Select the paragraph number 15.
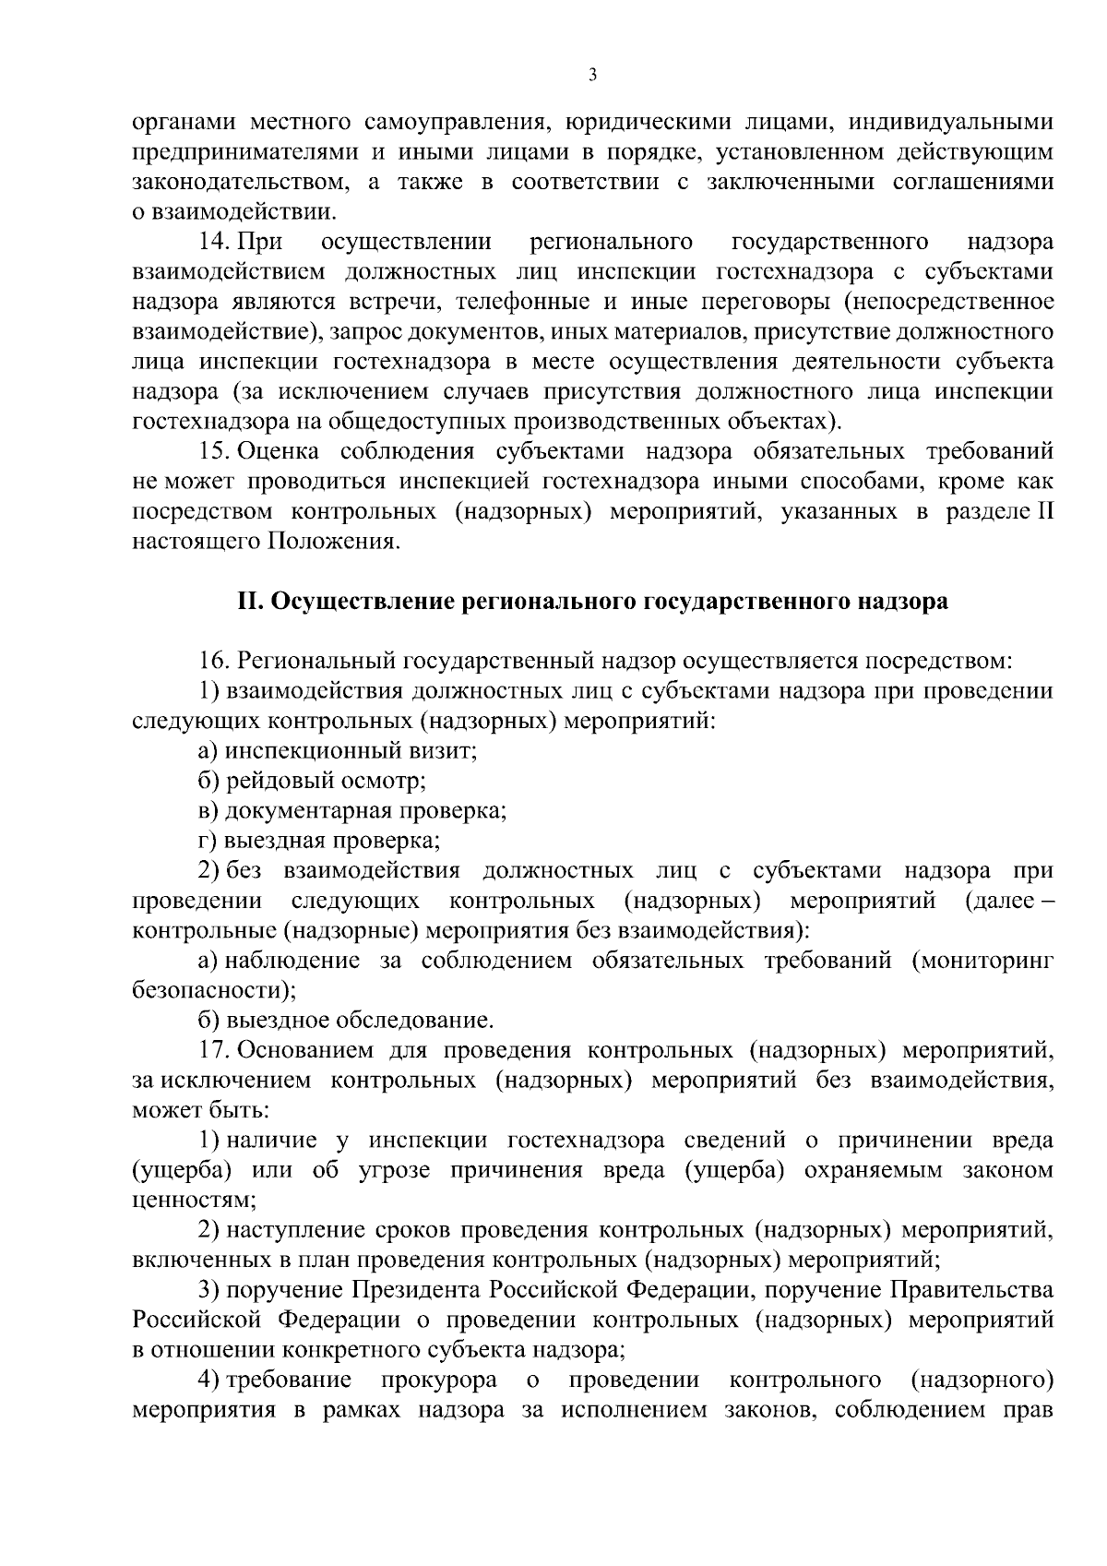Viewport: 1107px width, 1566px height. point(214,451)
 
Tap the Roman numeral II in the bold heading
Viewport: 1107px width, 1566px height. point(251,602)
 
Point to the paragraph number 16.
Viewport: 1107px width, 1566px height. point(214,662)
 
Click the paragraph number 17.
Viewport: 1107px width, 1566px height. point(214,1050)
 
